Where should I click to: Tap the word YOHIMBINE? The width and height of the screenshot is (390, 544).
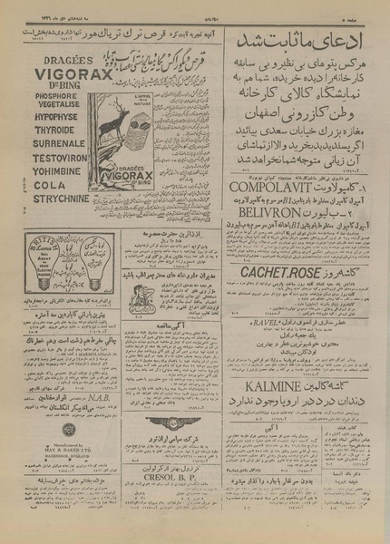[x=55, y=191]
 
